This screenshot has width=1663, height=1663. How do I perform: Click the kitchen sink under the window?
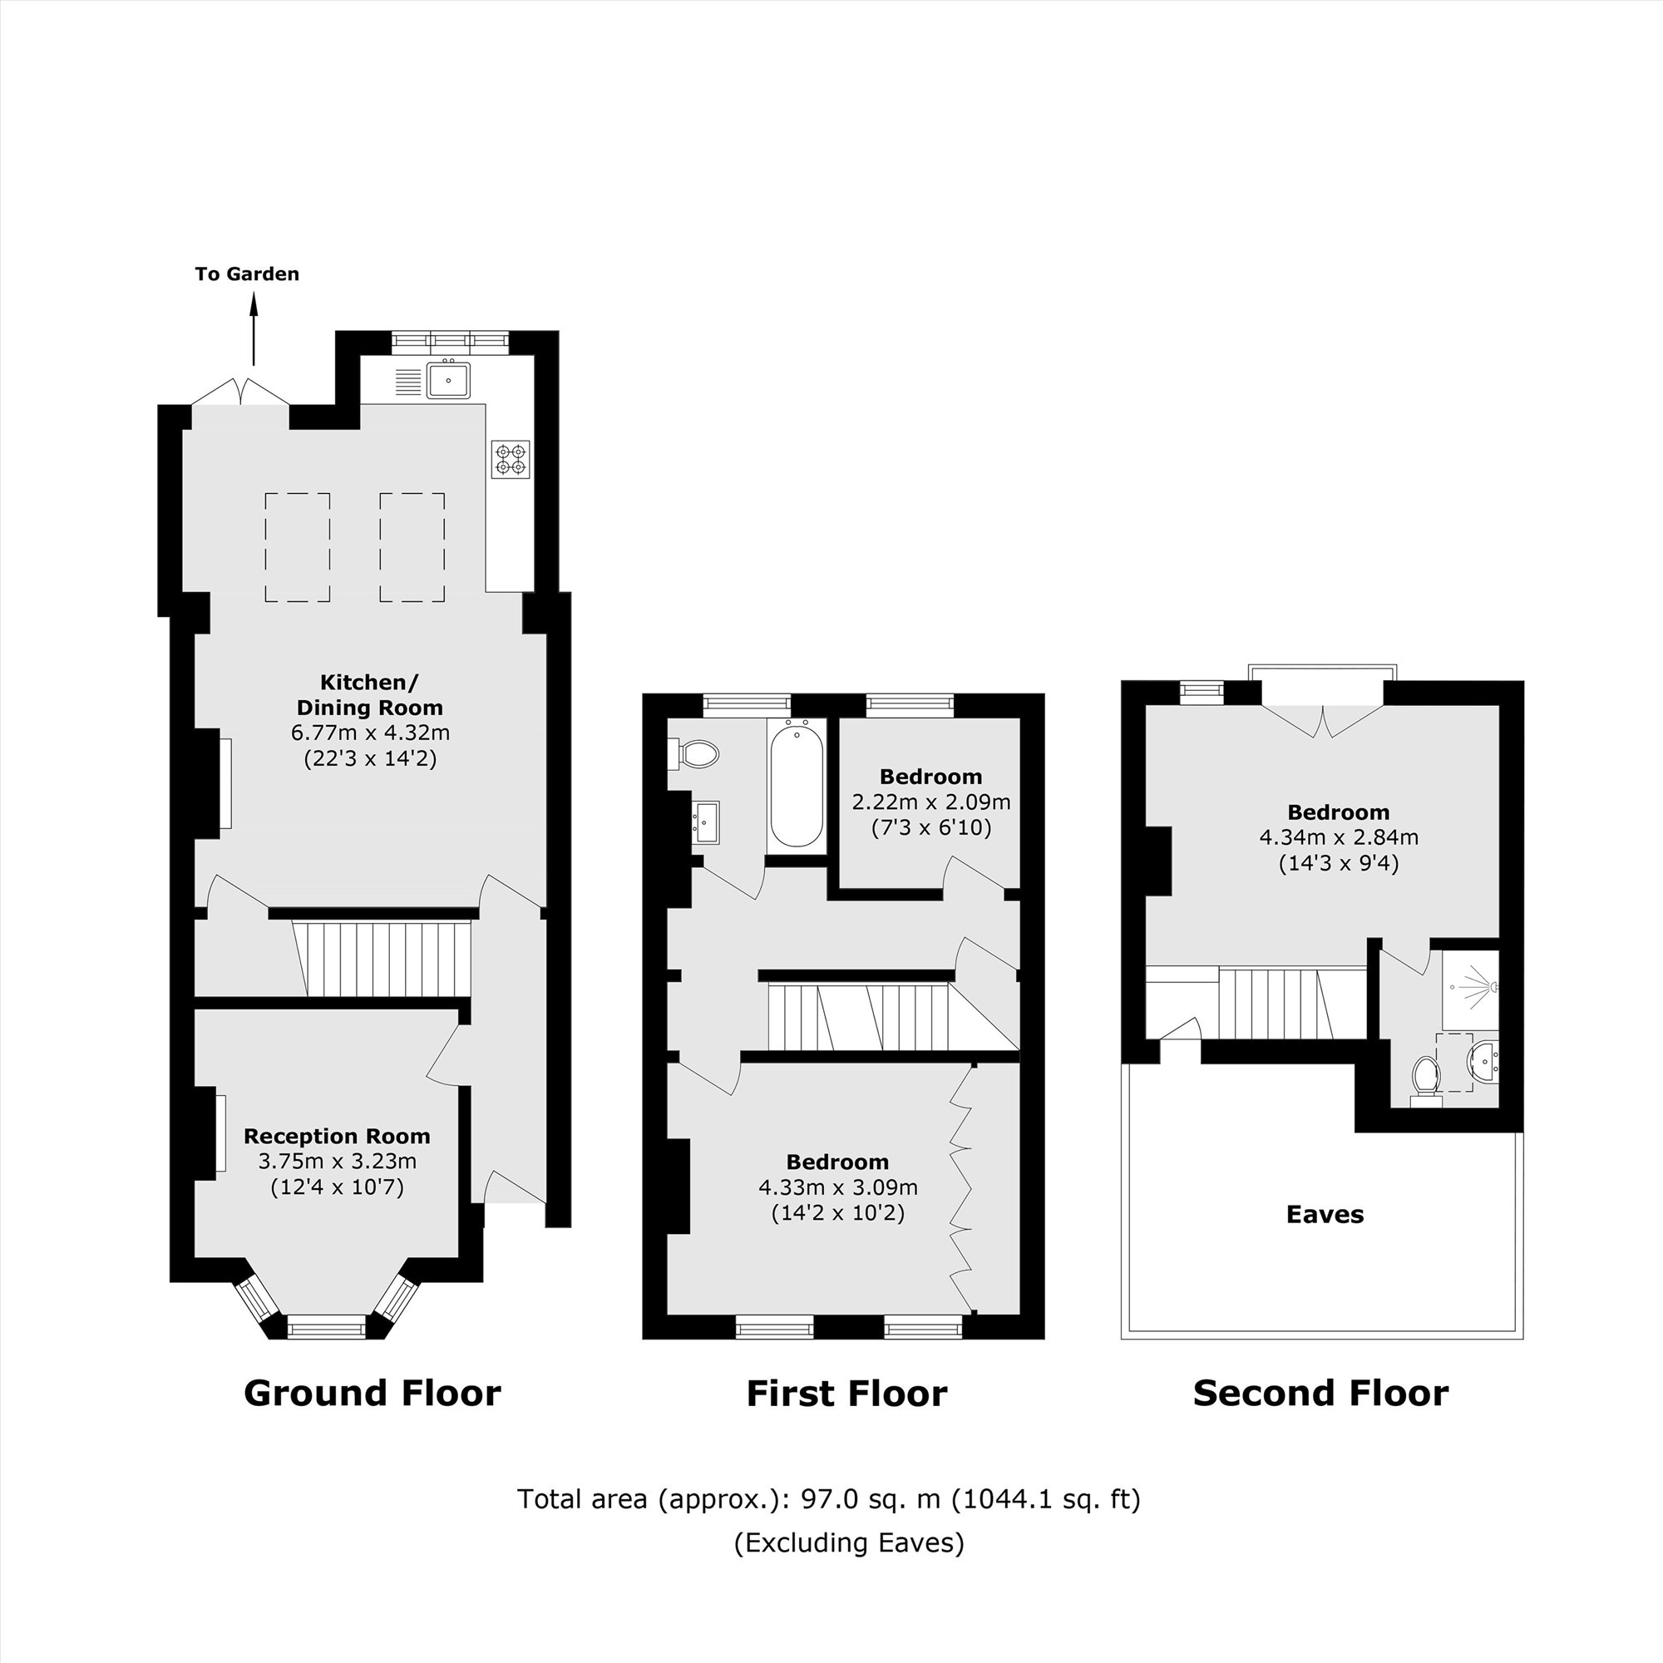(447, 380)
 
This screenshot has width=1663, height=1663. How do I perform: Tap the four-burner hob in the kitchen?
(510, 459)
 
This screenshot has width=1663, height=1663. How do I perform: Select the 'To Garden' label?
(247, 274)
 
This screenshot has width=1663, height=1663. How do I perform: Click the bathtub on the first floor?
(797, 786)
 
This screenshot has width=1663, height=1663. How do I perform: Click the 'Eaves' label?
(1324, 1215)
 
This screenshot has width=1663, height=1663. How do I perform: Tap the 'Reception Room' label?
(337, 1136)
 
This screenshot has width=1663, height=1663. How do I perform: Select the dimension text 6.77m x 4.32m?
(370, 733)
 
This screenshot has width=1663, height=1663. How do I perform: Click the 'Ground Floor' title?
(372, 1393)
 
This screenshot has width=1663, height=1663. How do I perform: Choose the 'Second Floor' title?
(1320, 1393)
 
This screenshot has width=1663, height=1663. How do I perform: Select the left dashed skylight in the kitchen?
(297, 547)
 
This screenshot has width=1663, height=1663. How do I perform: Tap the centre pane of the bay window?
(326, 1328)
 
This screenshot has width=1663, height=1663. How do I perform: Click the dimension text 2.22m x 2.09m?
(930, 802)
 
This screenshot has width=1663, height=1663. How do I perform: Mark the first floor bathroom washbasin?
(706, 822)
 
